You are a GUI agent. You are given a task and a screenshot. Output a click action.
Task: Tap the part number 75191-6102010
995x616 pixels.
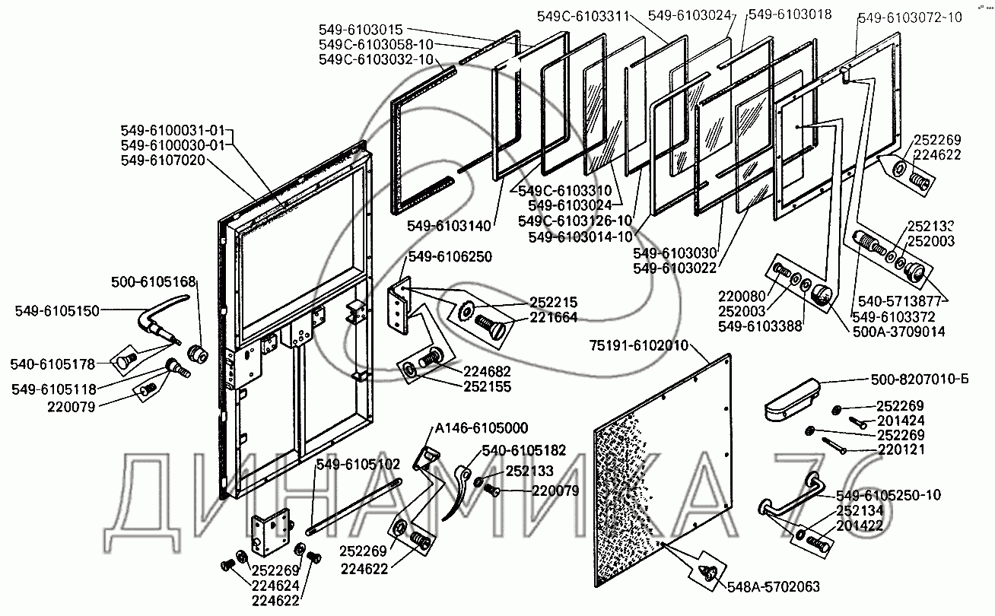pyautogui.click(x=637, y=346)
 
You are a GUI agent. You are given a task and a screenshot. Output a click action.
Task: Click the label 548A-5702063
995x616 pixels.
pyautogui.click(x=773, y=586)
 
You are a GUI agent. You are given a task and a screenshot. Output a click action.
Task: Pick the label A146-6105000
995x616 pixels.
pyautogui.click(x=482, y=427)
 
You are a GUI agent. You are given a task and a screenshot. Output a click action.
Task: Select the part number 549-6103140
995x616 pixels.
pyautogui.click(x=450, y=225)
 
